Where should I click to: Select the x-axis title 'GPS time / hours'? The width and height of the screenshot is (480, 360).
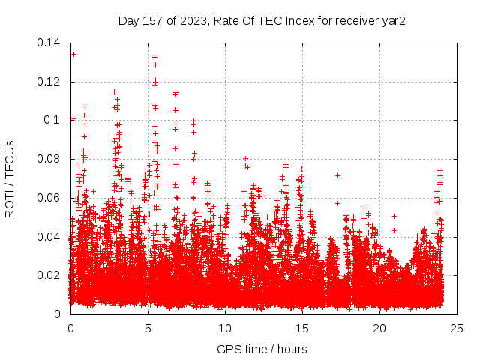[262, 349]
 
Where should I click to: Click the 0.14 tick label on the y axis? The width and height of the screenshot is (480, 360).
[49, 43]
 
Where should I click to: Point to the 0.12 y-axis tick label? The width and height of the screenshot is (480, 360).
[49, 82]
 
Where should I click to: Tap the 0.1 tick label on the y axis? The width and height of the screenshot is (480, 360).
[52, 120]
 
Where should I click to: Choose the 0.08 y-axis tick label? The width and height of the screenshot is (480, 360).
[49, 159]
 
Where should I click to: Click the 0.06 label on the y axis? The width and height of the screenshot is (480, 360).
[49, 198]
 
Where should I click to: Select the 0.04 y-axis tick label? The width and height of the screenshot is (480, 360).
[49, 237]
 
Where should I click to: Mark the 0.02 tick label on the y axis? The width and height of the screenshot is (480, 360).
[49, 275]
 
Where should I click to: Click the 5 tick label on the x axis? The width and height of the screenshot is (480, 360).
[148, 328]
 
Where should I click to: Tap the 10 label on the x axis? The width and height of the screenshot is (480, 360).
[225, 328]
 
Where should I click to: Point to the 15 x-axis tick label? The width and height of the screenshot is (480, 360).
[302, 328]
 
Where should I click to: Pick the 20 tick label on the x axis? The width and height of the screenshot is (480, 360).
[379, 328]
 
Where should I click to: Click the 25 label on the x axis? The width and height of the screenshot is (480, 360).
[457, 328]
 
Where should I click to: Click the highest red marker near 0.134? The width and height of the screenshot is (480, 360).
[73, 54]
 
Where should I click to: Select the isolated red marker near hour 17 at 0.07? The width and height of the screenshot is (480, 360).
[337, 175]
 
